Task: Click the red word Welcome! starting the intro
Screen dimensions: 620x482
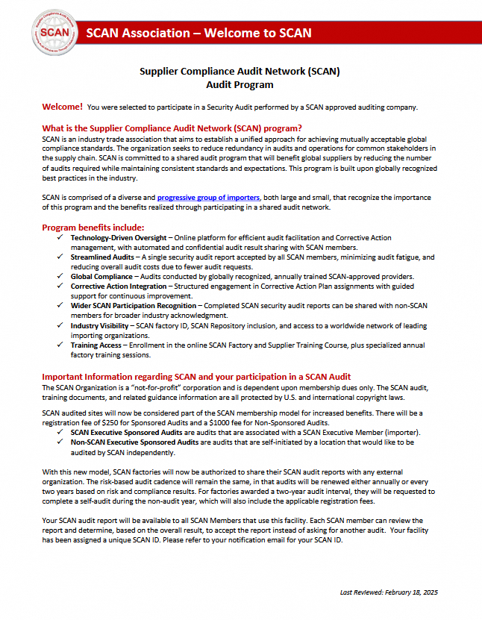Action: coord(63,107)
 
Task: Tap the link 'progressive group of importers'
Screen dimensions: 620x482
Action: coord(208,197)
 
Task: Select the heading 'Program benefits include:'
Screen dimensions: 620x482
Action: coord(93,227)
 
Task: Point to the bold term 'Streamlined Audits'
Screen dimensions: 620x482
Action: coord(103,257)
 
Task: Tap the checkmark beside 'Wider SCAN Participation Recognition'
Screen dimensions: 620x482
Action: coord(60,305)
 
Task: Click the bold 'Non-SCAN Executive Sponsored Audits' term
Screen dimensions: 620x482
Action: coord(134,442)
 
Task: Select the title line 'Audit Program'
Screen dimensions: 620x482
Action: coord(240,84)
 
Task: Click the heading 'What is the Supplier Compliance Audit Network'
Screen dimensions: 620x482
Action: coord(172,128)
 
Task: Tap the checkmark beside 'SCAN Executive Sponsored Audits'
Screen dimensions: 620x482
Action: coord(60,433)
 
